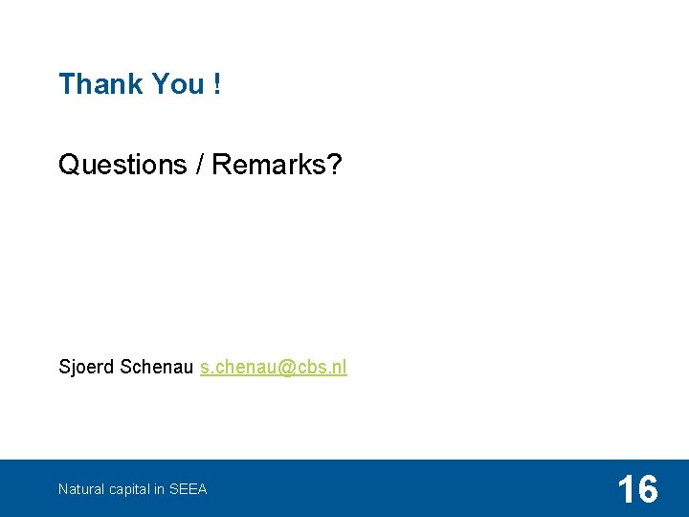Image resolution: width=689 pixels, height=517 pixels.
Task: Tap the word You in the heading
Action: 178,84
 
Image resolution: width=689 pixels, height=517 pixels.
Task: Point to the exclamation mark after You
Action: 218,84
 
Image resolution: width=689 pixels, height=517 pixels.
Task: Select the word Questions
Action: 122,165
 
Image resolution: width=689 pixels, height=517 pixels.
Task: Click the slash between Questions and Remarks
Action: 198,165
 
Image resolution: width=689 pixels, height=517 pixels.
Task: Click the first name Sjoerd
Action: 87,368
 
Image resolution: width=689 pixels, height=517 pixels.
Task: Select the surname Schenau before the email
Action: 158,368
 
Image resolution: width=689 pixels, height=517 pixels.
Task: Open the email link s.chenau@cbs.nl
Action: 274,368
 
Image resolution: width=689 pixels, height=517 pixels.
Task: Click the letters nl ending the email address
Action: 340,368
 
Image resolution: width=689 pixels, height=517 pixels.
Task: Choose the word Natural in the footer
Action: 80,489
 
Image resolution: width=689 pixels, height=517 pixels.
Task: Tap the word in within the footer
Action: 159,489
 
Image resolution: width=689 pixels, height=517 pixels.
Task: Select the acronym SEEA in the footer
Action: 188,489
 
